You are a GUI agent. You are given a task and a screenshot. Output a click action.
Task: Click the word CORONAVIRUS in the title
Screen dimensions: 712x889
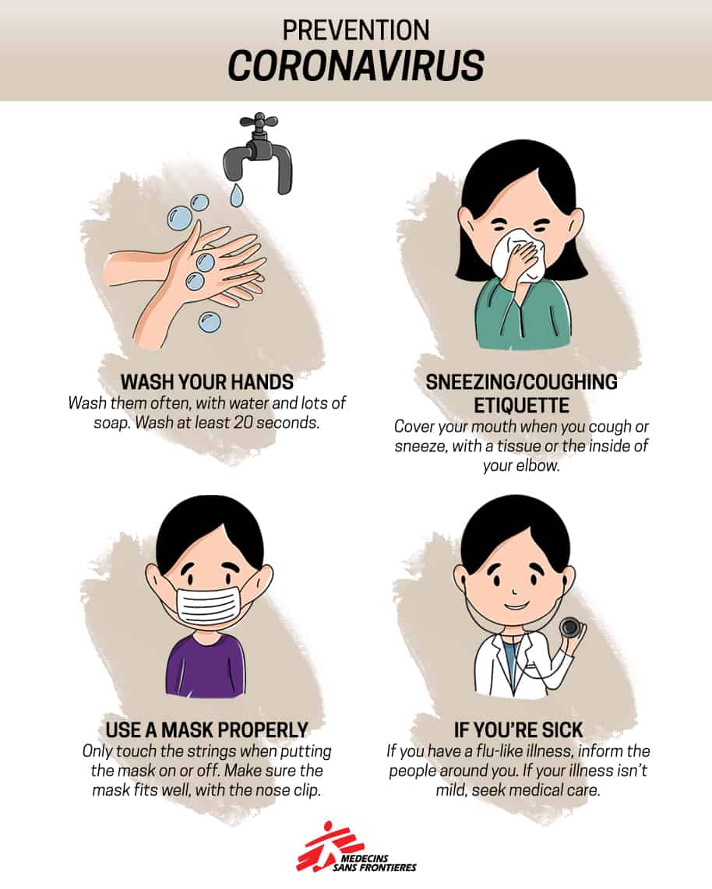pos(356,65)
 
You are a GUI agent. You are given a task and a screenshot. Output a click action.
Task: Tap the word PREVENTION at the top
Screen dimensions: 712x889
pos(356,30)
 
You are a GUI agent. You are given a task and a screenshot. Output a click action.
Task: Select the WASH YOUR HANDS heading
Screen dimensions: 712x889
pos(206,382)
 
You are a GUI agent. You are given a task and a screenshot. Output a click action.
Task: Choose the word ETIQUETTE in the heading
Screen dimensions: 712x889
pos(521,406)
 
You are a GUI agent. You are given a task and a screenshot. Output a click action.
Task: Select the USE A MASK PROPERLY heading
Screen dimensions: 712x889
pos(206,729)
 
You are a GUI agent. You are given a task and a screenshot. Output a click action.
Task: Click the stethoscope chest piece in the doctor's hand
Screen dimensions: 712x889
pos(569,627)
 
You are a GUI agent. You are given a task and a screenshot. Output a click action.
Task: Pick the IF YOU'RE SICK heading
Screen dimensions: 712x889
pos(518,729)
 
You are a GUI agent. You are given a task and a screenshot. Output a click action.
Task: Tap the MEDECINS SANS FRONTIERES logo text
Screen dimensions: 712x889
pos(375,863)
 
